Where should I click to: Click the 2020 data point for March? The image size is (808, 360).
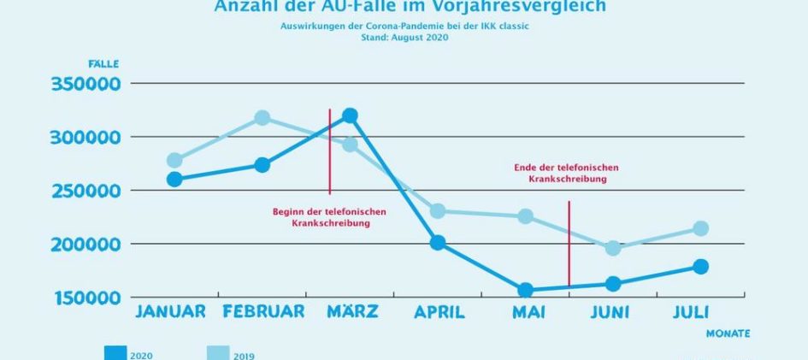(349, 115)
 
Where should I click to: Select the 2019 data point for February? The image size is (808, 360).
(262, 118)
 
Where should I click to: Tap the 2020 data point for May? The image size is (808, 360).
(525, 291)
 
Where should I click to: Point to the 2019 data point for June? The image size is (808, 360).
(612, 248)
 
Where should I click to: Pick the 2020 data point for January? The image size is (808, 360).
(174, 180)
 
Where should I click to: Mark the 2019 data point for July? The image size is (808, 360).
(700, 228)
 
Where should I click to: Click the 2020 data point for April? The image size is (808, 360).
(437, 243)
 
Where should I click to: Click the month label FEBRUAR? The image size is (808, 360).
(262, 311)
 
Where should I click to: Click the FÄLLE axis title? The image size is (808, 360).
(103, 64)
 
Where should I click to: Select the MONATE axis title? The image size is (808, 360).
(728, 333)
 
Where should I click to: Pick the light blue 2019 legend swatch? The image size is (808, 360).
(218, 353)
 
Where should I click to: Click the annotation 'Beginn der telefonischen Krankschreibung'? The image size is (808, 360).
(329, 217)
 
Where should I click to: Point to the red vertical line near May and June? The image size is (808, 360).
(569, 244)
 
